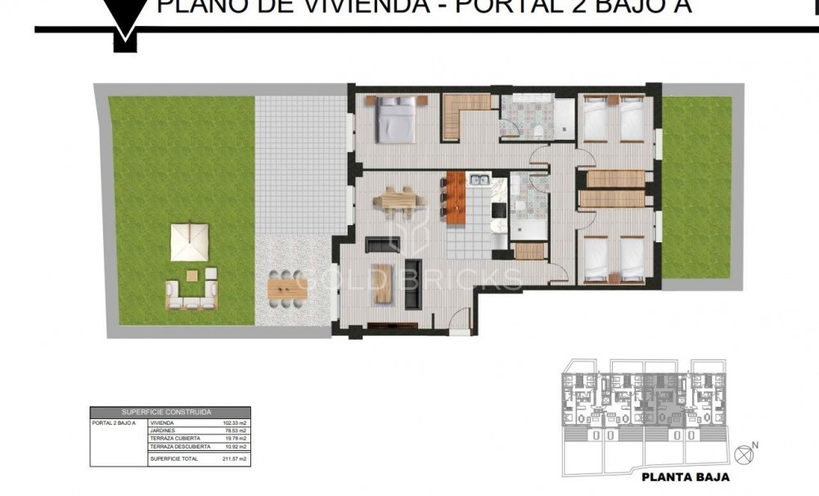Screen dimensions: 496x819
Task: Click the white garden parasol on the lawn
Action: point(190,243)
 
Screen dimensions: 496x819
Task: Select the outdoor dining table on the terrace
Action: point(284,287)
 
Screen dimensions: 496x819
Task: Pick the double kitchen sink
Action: point(479,181)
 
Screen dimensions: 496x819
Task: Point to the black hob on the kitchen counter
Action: point(498,210)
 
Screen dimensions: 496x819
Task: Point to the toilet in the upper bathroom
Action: point(533,132)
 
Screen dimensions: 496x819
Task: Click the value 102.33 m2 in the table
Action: point(234,422)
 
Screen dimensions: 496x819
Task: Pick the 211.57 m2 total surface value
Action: point(234,459)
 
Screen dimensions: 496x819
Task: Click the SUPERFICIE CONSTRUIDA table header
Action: point(170,412)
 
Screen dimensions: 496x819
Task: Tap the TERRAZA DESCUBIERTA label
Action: point(174,447)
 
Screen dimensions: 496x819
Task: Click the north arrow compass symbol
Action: point(744,453)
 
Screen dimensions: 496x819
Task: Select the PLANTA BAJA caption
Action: point(685,477)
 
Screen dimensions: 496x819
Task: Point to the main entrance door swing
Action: point(462,322)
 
